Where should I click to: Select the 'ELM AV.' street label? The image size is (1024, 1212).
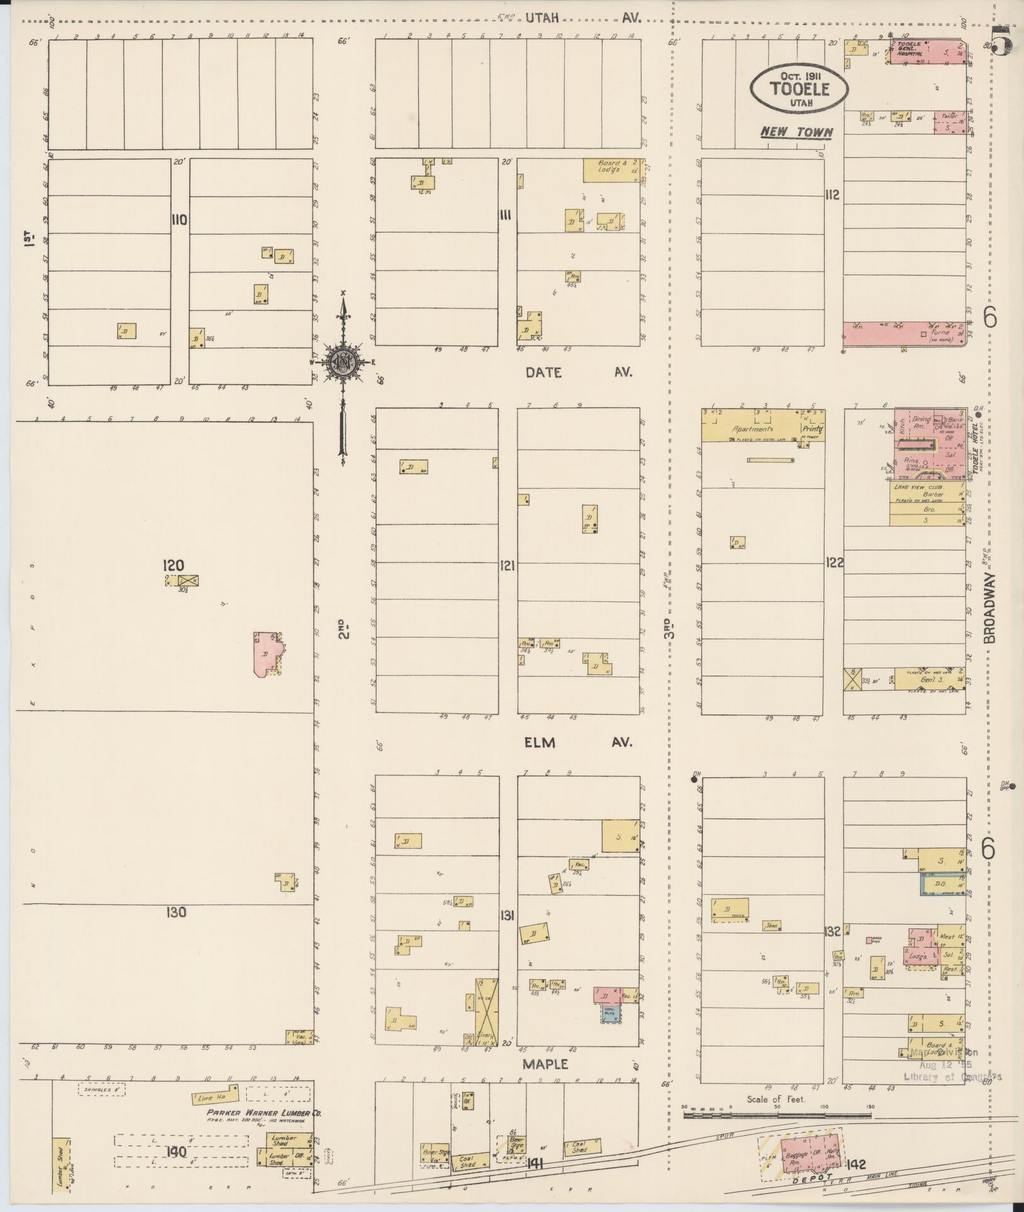[577, 743]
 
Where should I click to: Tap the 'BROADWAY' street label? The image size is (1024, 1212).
[990, 607]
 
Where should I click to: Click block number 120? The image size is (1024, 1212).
[174, 565]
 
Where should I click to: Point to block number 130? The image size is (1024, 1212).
[176, 911]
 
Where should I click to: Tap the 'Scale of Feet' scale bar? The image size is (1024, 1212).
[777, 1116]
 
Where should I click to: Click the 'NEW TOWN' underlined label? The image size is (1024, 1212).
[796, 133]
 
